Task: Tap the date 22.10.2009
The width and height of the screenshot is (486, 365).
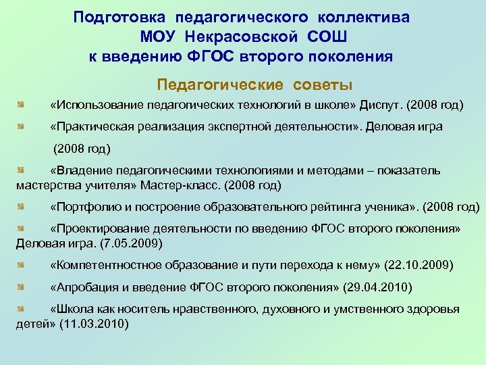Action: [x=414, y=264]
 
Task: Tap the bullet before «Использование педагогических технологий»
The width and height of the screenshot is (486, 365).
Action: [x=22, y=105]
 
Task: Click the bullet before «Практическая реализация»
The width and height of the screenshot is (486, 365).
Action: [x=22, y=126]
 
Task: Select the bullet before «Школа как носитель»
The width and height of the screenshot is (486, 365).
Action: [x=22, y=309]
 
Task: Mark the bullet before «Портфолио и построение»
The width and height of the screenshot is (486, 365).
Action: [x=22, y=206]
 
